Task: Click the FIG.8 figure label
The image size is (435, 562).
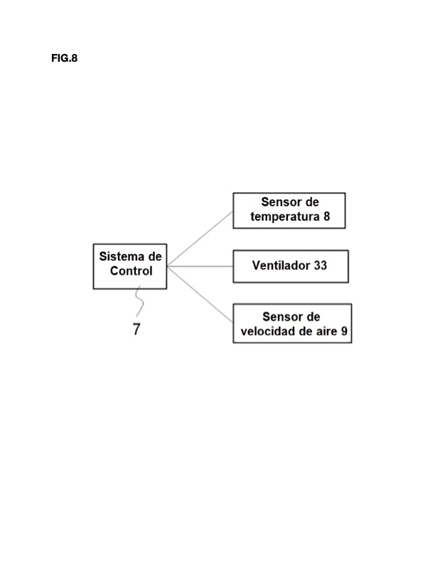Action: pyautogui.click(x=64, y=58)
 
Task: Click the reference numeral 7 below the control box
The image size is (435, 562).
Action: pyautogui.click(x=136, y=329)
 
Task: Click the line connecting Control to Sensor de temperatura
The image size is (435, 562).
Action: pyautogui.click(x=200, y=238)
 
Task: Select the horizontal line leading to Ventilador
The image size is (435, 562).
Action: pyautogui.click(x=200, y=266)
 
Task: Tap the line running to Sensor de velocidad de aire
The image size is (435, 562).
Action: pyautogui.click(x=200, y=294)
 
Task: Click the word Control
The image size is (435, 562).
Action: pyautogui.click(x=131, y=271)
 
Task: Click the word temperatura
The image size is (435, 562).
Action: pyautogui.click(x=285, y=217)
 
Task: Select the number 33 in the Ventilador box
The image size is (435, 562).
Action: pyautogui.click(x=321, y=265)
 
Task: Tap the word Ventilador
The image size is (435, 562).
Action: pyautogui.click(x=281, y=265)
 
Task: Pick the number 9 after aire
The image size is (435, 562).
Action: pyautogui.click(x=344, y=331)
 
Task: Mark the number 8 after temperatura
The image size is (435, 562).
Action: pyautogui.click(x=326, y=216)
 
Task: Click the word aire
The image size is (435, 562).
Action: pyautogui.click(x=327, y=331)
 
